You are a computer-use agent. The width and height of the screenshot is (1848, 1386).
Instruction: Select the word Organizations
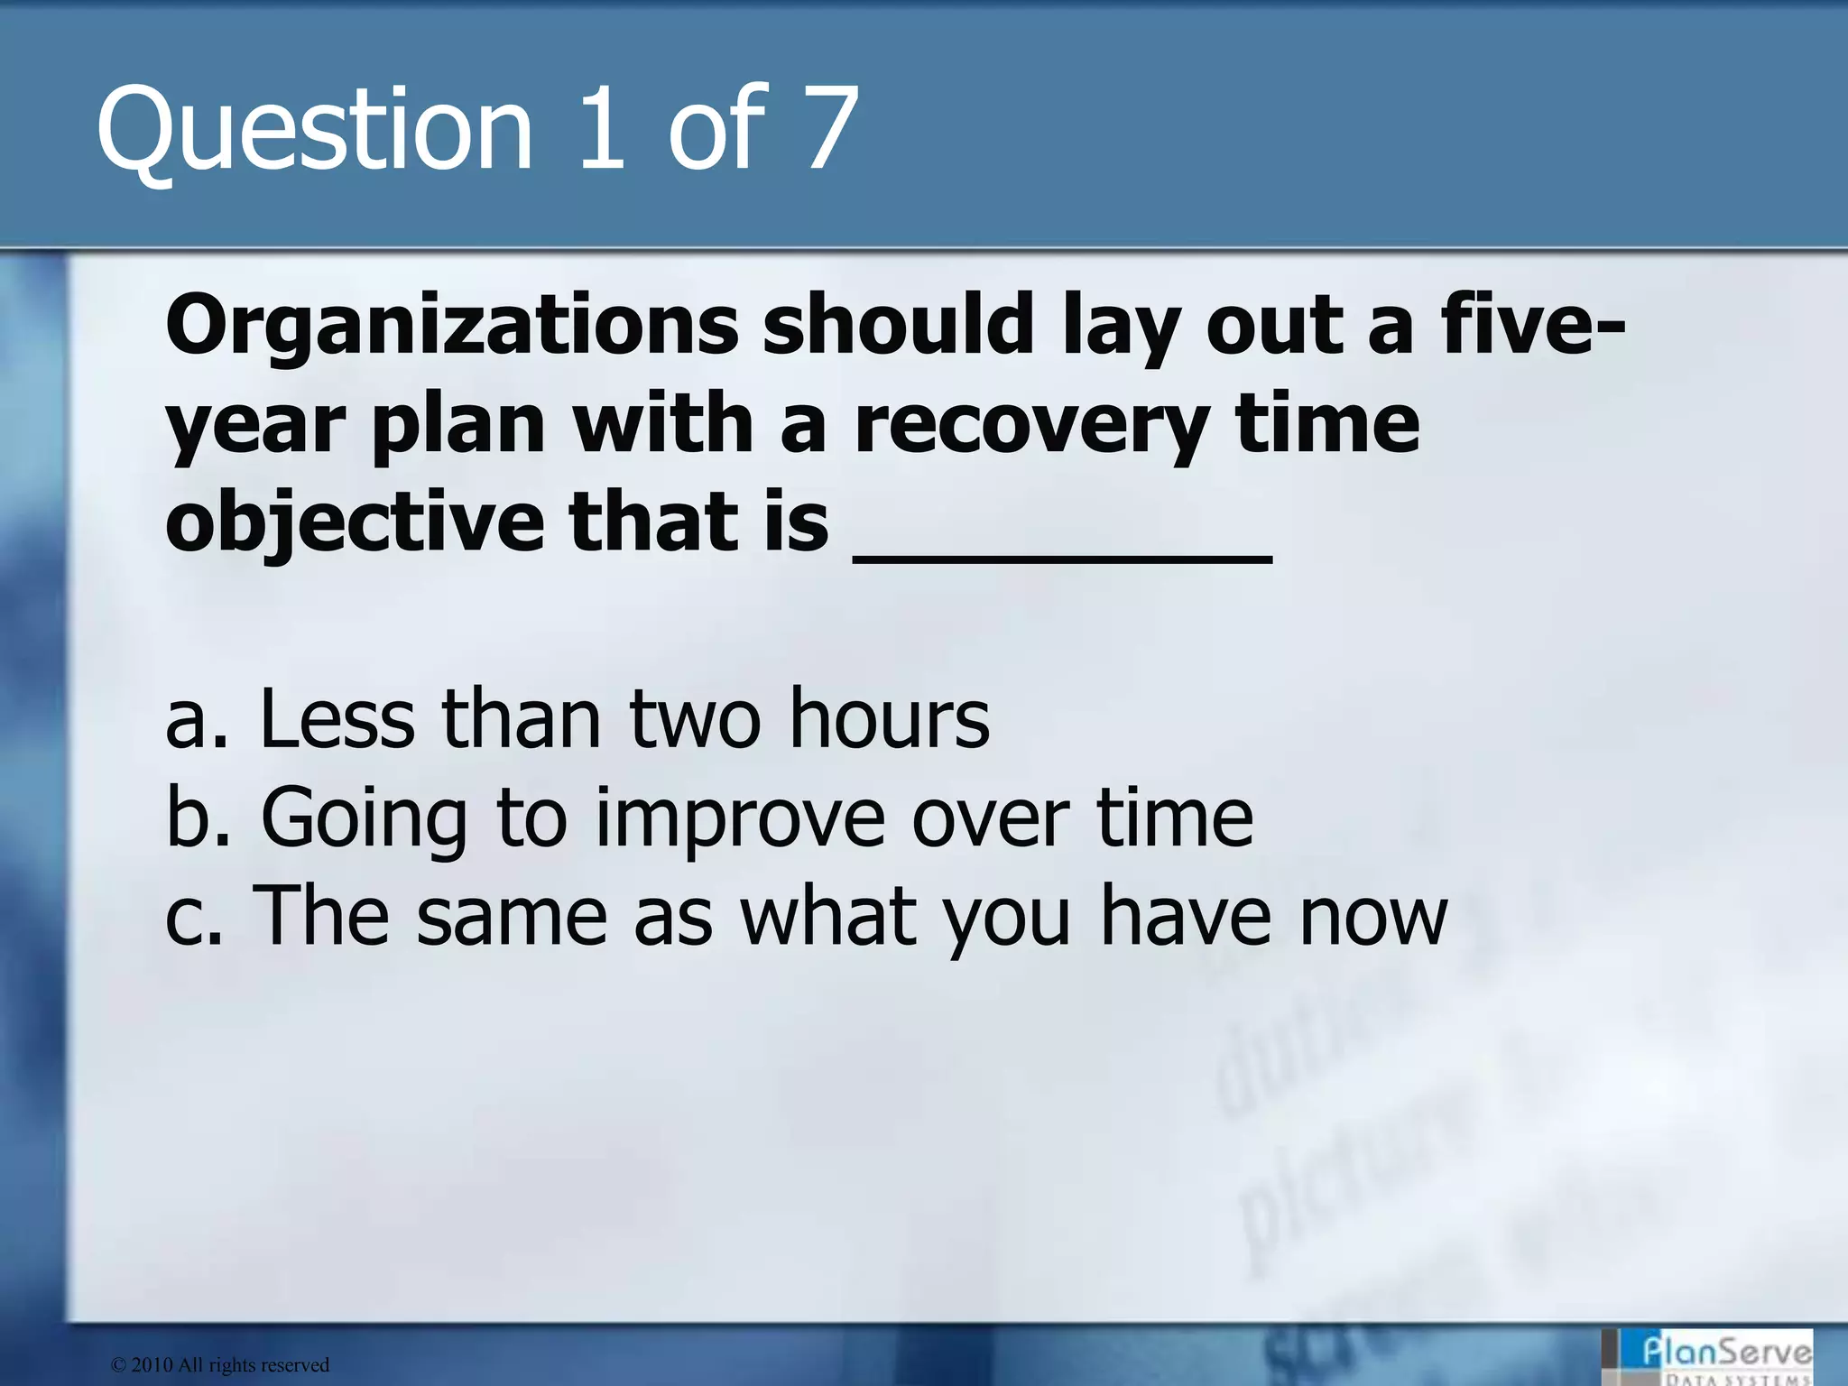point(451,327)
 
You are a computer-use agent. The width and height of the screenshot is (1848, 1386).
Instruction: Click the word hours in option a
point(889,719)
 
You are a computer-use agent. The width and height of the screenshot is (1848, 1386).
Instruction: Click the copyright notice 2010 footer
point(220,1365)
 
